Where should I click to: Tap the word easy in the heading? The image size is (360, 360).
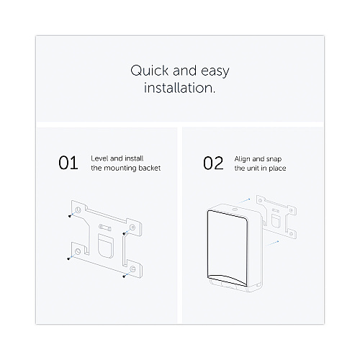215,72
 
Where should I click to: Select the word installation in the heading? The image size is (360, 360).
179,88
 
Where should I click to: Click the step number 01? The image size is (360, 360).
68,163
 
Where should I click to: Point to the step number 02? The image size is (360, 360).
213,163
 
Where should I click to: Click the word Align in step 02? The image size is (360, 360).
242,159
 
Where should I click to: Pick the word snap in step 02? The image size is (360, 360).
274,159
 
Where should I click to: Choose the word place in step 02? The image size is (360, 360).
277,168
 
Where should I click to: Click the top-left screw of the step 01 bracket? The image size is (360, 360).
70,216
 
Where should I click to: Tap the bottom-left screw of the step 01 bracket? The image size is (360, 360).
69,258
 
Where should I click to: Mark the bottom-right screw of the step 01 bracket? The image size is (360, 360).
124,276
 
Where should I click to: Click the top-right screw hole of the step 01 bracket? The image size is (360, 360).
132,228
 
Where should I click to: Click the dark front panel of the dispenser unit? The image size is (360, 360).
228,248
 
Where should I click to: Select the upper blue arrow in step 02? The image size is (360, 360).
244,201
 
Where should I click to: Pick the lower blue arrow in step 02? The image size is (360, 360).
273,243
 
